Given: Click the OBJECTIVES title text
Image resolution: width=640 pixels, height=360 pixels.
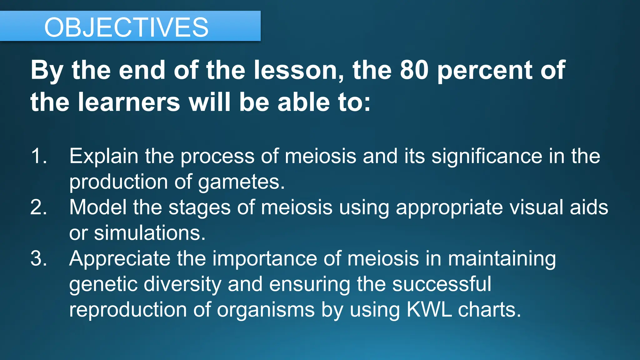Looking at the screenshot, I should tap(126, 27).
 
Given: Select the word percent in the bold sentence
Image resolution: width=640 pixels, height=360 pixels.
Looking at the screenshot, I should tap(485, 71).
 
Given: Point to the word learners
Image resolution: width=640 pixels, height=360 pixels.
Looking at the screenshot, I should tap(129, 102).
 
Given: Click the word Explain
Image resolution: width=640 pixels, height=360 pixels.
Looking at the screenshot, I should tap(103, 156).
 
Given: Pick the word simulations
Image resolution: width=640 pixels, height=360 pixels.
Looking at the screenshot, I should tap(150, 233).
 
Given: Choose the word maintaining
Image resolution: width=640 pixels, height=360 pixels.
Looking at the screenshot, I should tap(502, 259).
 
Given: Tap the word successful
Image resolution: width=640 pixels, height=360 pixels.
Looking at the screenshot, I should tap(442, 284).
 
